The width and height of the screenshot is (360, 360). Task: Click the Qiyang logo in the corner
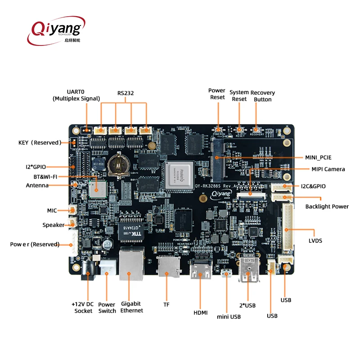(56, 29)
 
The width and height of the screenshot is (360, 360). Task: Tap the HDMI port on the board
(201, 270)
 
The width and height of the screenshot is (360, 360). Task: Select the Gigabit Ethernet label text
(131, 307)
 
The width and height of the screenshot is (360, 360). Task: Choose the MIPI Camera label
(328, 169)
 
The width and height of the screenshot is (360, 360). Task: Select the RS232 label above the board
(126, 93)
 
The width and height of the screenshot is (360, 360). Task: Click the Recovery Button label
(263, 96)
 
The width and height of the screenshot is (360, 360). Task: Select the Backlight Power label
(327, 207)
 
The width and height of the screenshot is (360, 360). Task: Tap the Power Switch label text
(107, 307)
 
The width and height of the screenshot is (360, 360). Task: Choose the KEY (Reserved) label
(39, 143)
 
